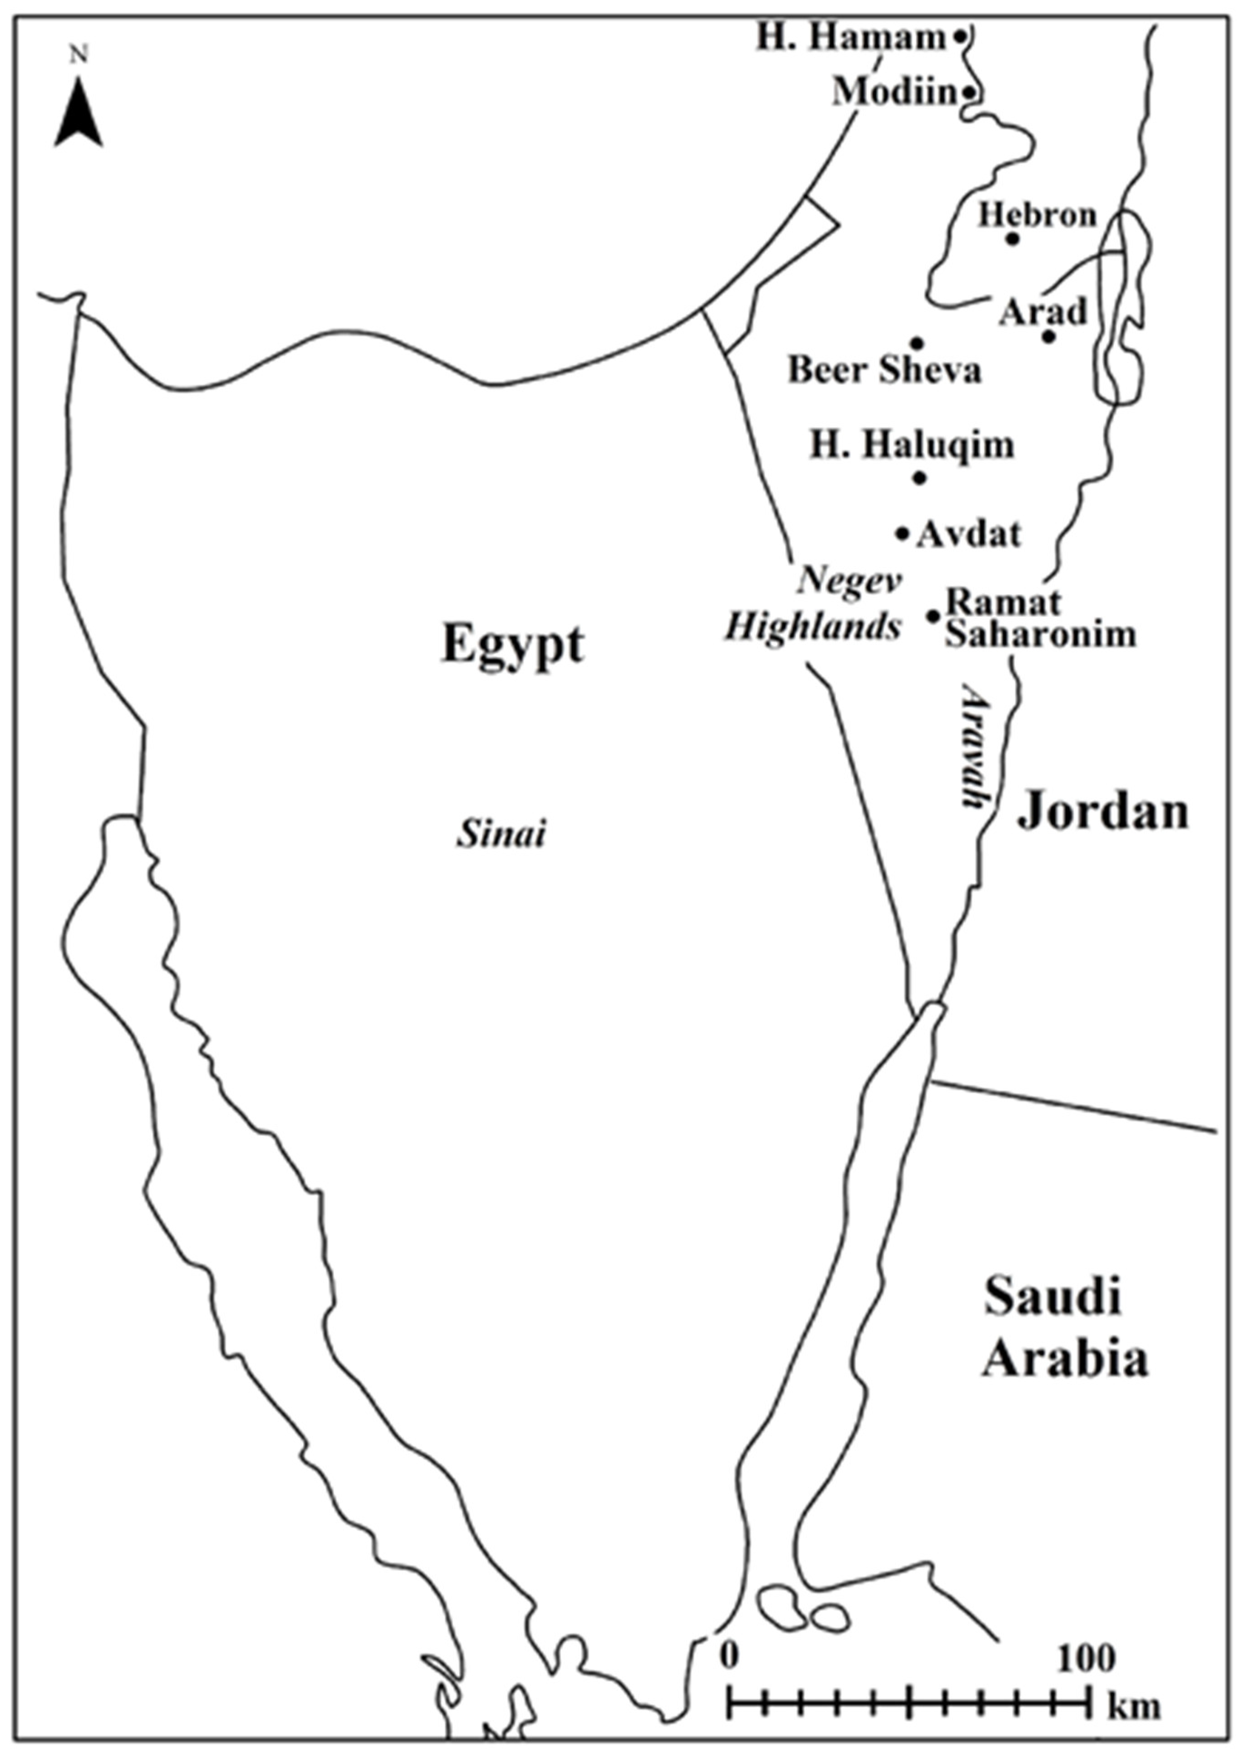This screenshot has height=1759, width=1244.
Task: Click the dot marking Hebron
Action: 1012,239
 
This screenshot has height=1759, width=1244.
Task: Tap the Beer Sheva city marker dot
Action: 916,342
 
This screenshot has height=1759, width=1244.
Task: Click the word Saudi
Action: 1052,1297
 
